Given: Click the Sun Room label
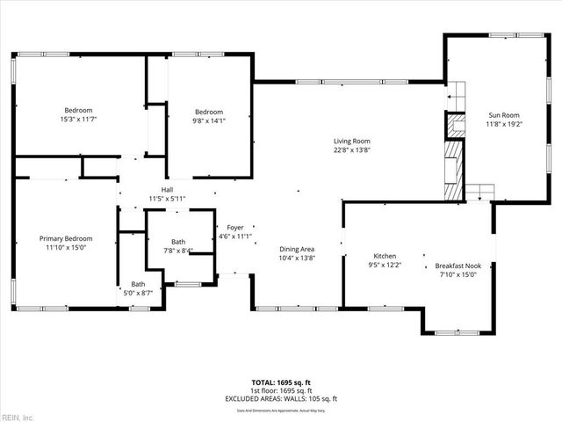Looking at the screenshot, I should pos(504,115).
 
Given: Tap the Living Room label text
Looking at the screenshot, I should pos(350,141).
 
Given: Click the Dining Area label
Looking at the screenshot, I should pos(297,249).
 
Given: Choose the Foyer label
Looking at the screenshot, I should pos(234,227).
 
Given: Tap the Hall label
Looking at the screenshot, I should pos(166,190).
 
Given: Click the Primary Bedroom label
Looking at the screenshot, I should pos(66,238).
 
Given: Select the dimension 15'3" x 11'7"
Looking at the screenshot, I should pos(77,119).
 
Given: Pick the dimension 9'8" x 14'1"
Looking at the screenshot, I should pos(209,121).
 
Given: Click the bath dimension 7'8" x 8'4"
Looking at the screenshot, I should pos(178,251).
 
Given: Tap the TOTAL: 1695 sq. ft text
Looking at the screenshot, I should pos(280,383).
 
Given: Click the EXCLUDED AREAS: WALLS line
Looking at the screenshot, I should pos(280,399).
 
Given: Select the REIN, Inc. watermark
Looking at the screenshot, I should pos(18,416).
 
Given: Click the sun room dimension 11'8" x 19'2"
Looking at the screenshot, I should pos(504,124).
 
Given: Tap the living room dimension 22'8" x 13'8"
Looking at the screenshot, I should pos(350,149).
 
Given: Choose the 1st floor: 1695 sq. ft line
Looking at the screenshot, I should pos(280,391).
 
